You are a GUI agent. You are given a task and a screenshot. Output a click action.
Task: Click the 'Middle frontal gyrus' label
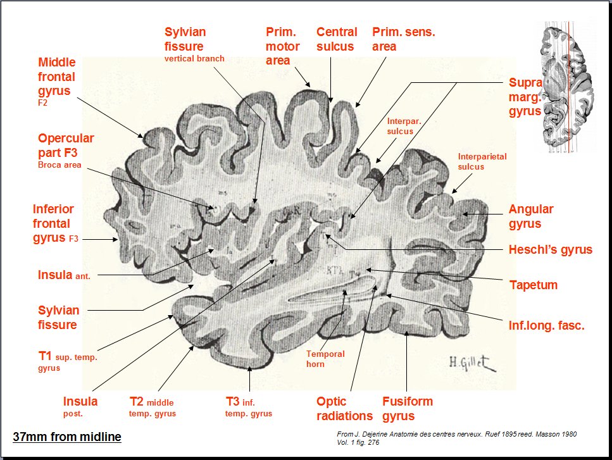[x=57, y=77]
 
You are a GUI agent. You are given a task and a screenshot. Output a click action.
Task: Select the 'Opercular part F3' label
[x=66, y=145]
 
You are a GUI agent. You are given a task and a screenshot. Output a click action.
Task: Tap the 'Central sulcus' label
[x=337, y=39]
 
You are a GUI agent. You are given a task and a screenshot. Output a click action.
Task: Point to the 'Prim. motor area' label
[x=278, y=46]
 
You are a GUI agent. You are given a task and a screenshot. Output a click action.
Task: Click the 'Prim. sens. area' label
[x=403, y=39]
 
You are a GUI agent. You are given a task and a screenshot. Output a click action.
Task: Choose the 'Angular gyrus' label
[x=531, y=216]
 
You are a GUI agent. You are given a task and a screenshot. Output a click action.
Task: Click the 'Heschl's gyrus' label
[x=550, y=249]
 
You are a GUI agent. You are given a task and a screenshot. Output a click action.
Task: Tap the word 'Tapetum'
[x=533, y=285]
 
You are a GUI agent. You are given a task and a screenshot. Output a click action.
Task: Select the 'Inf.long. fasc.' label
[x=546, y=326]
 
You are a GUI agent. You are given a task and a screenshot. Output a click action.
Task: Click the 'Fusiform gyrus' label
[x=407, y=408]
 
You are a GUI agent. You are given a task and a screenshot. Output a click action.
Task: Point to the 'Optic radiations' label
[x=344, y=408]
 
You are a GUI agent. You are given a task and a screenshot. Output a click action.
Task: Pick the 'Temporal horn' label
[x=325, y=359]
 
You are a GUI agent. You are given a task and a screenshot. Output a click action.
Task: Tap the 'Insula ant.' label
[x=63, y=275]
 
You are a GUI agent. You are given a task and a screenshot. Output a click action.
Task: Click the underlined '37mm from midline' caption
[x=67, y=437]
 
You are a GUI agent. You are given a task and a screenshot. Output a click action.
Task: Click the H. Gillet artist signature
[x=471, y=362]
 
